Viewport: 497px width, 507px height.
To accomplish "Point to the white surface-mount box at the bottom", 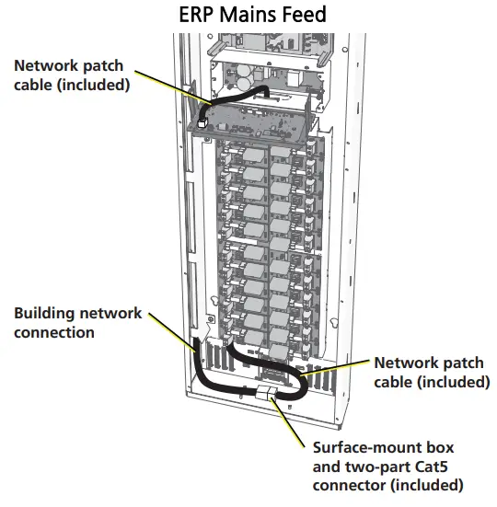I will [x=264, y=393].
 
